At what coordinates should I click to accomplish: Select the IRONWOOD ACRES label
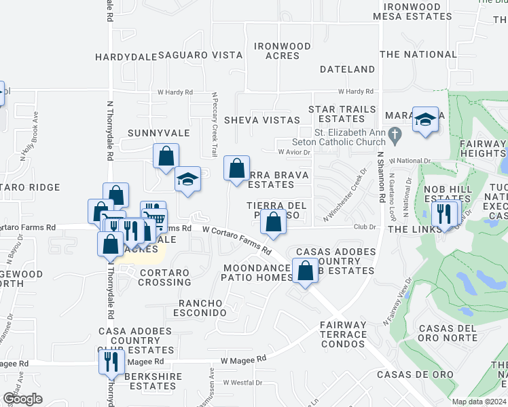(x=282, y=51)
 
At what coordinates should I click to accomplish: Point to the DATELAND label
(x=347, y=69)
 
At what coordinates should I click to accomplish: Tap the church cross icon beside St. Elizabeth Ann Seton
(x=393, y=137)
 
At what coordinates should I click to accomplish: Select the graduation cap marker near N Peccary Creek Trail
(x=188, y=179)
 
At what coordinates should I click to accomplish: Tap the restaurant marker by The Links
(x=445, y=214)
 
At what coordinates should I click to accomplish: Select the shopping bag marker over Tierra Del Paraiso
(x=273, y=222)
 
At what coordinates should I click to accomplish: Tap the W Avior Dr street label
(x=293, y=152)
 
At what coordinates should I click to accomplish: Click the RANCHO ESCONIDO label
(x=202, y=307)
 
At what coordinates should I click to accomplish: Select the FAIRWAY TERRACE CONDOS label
(x=344, y=334)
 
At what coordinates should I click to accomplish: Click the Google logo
(x=22, y=399)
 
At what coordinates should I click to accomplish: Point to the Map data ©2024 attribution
(x=479, y=402)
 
